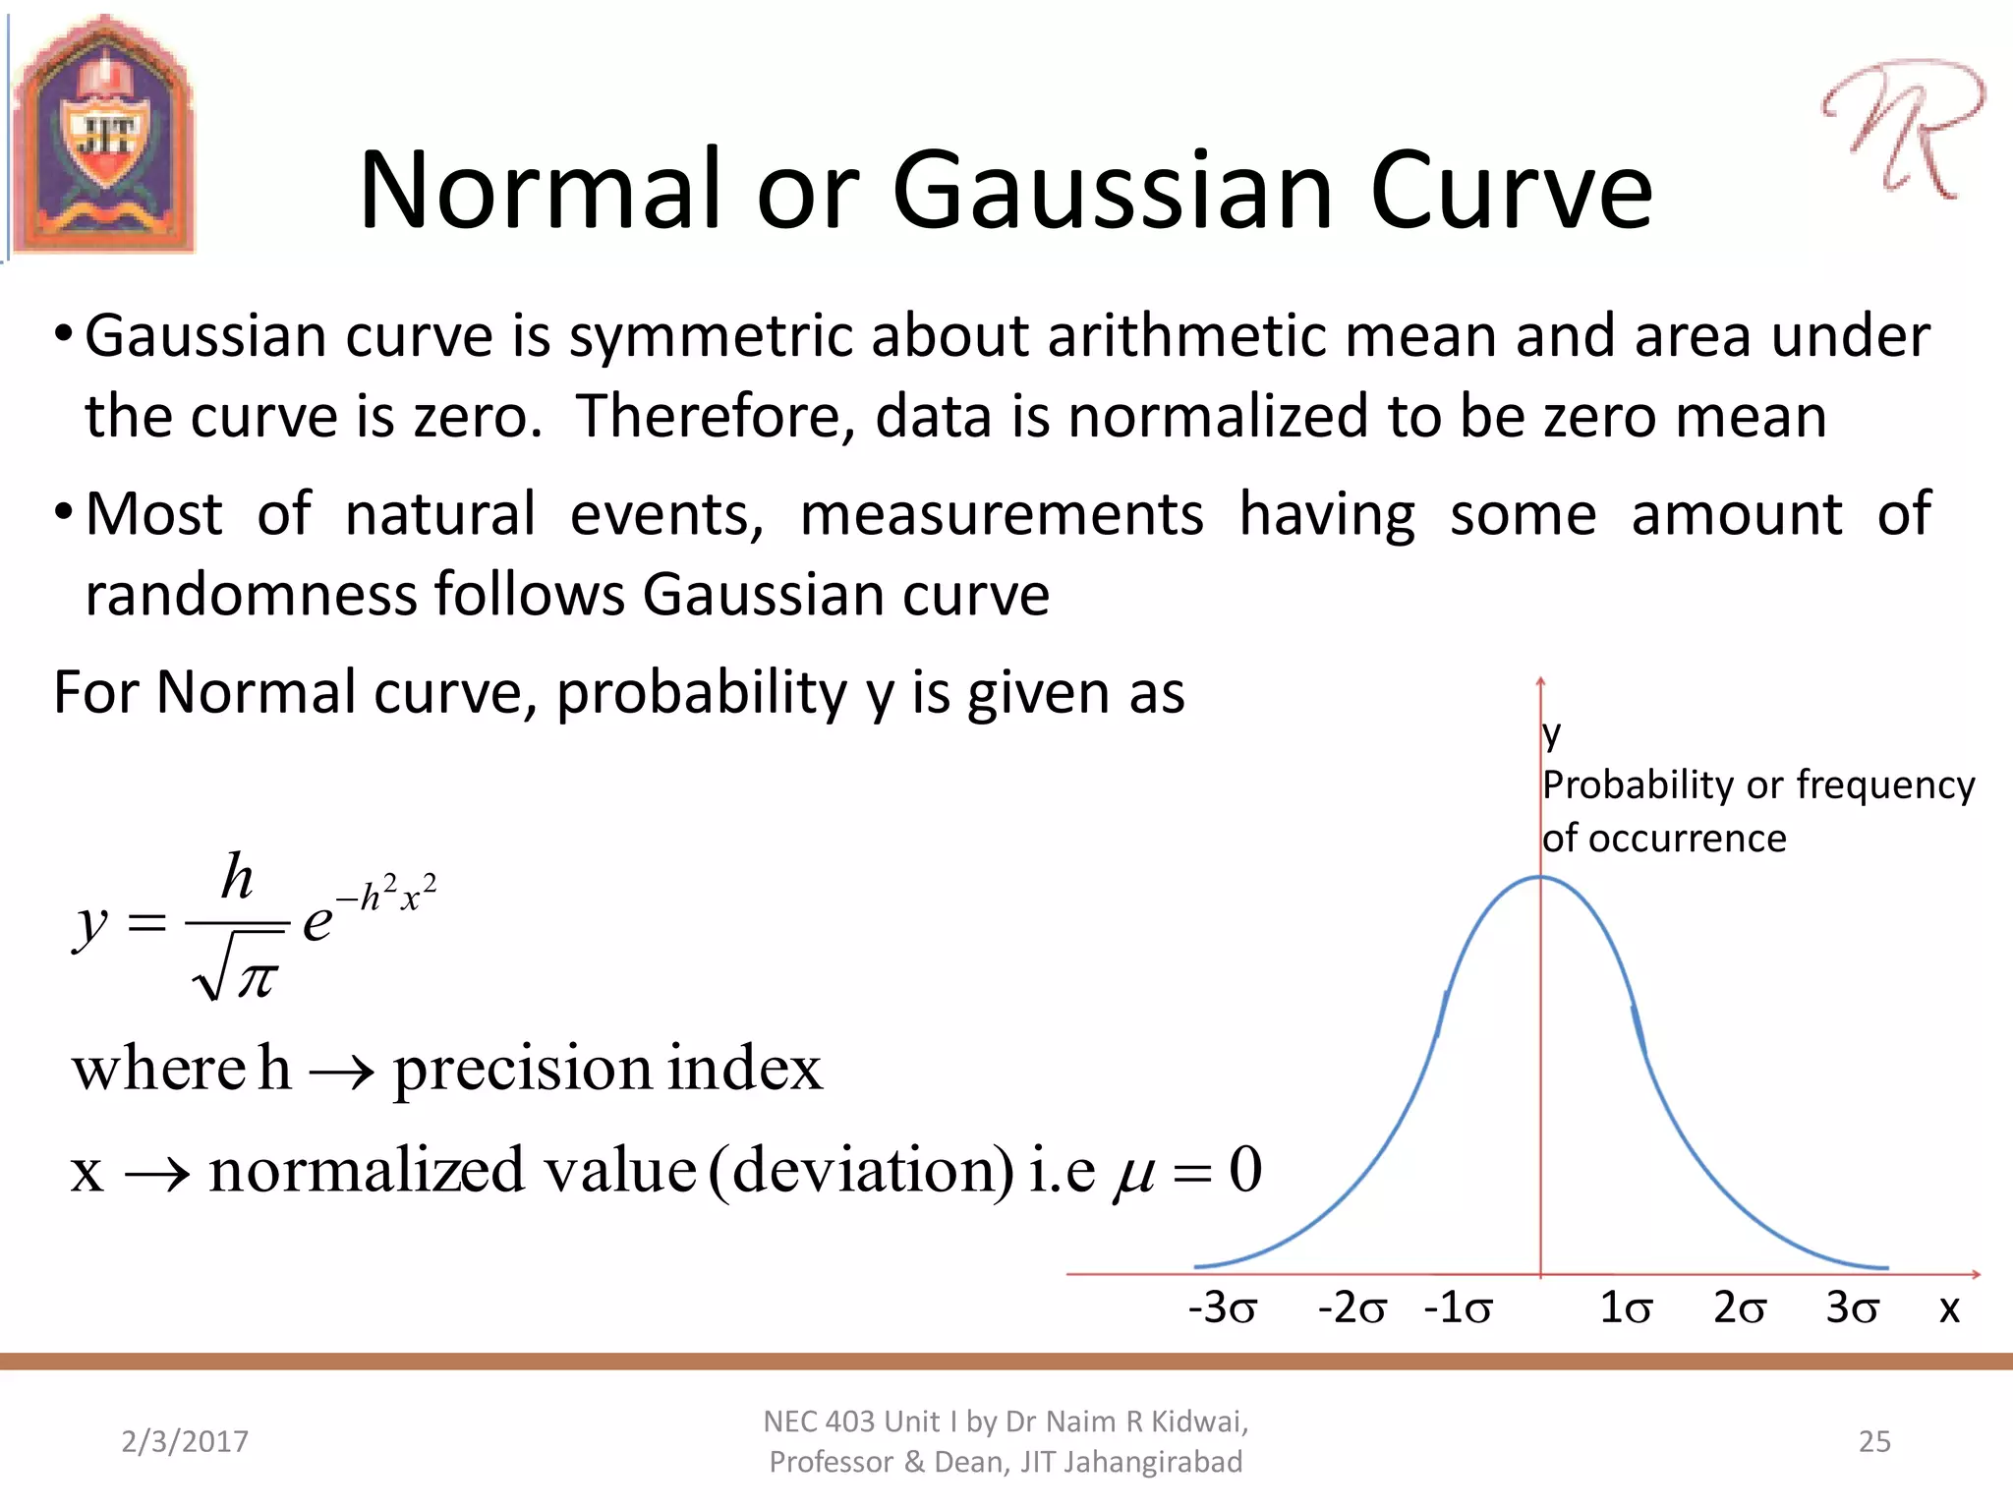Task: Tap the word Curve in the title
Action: (x=1511, y=191)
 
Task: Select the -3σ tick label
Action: (x=1222, y=1308)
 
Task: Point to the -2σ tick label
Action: (x=1352, y=1308)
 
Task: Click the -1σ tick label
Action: (x=1458, y=1308)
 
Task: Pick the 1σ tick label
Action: (x=1626, y=1308)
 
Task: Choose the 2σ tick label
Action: (x=1739, y=1308)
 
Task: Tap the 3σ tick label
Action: (x=1852, y=1308)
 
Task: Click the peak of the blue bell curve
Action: (x=1540, y=877)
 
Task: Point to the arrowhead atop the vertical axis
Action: (x=1540, y=681)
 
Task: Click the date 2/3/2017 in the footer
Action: (x=185, y=1441)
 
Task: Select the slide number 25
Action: (x=1874, y=1441)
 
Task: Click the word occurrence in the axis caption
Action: (x=1687, y=839)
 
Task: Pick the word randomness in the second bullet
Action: (x=251, y=595)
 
